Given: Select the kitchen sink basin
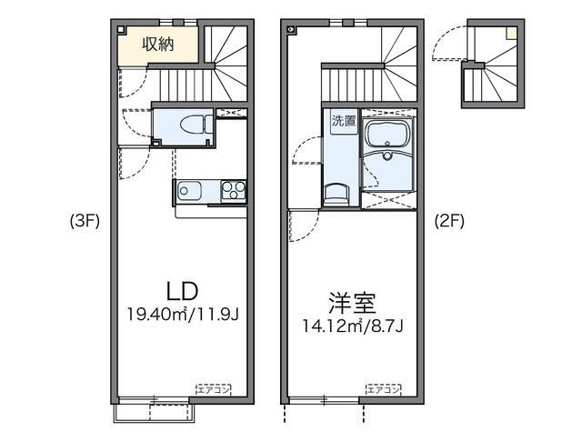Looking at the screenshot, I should (189, 192).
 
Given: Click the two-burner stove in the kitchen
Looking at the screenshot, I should (234, 192).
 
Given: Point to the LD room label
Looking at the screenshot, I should (182, 290).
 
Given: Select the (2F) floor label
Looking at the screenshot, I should (449, 219).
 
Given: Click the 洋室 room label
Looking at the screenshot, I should (351, 301).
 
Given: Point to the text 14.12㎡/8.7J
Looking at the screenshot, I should (353, 325).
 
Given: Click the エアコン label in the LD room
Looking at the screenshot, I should (212, 389).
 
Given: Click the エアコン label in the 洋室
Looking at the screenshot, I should (382, 389).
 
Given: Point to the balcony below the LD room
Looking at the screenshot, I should (154, 412).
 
